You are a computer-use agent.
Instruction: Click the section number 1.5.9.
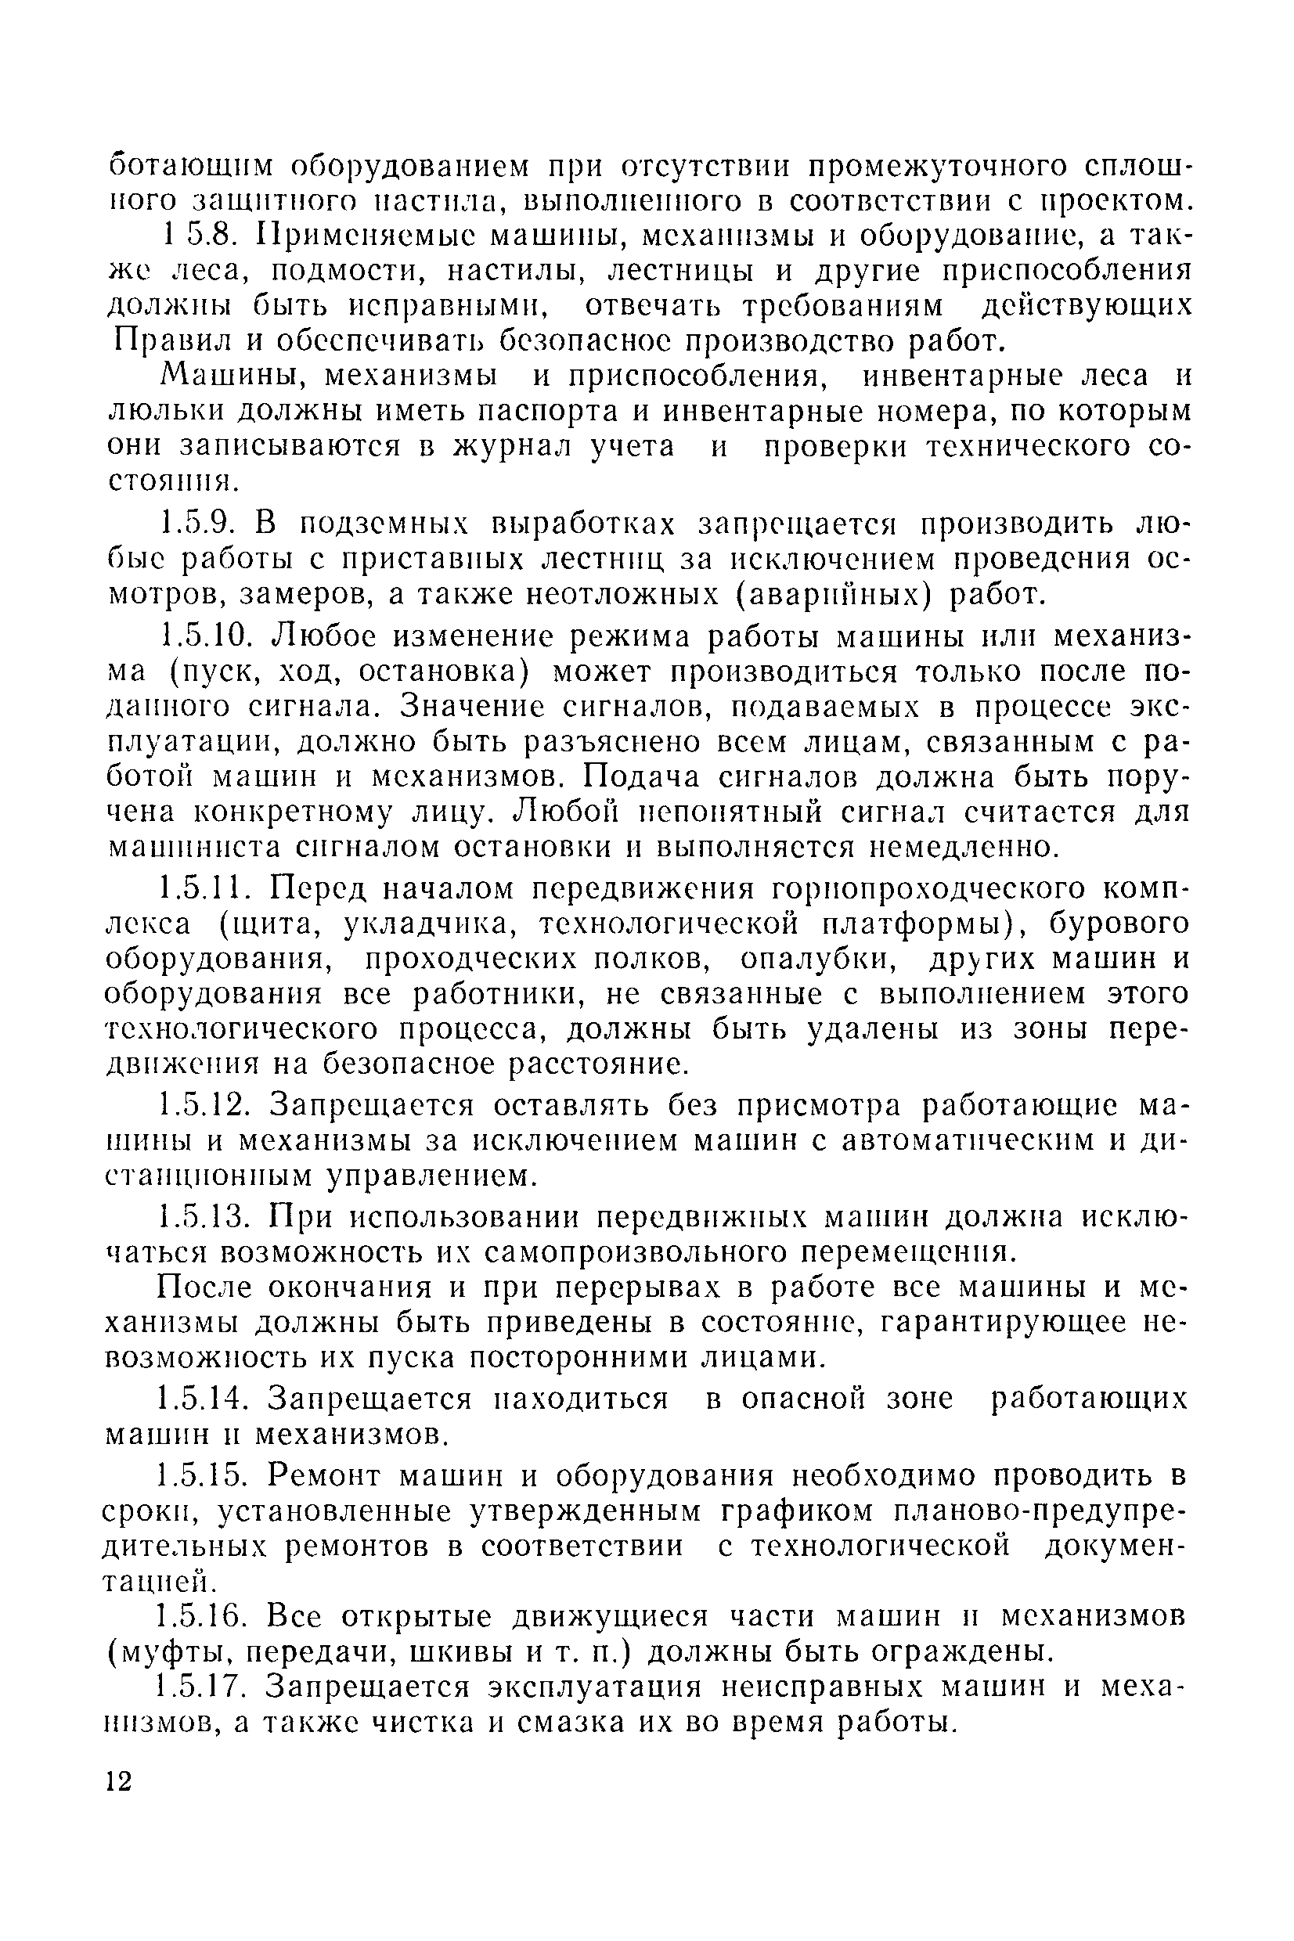pos(198,524)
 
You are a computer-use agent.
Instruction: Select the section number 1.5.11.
pos(204,888)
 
